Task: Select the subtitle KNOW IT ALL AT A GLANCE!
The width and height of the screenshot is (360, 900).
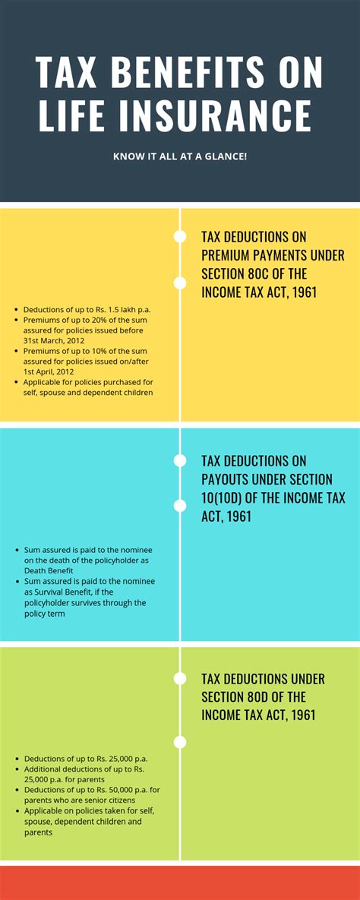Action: [x=180, y=156]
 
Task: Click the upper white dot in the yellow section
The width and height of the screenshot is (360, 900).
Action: [x=180, y=236]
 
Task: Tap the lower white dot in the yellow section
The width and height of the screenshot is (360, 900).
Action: [x=180, y=283]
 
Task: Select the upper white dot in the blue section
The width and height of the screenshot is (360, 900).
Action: [x=180, y=460]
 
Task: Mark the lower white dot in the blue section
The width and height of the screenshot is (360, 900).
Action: [x=180, y=506]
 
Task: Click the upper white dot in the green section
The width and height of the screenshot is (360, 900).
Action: [x=180, y=678]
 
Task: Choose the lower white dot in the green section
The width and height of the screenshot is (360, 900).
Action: [x=180, y=742]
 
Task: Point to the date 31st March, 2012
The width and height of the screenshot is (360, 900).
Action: [x=57, y=340]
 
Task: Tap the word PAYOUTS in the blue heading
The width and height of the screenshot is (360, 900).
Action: [x=229, y=479]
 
